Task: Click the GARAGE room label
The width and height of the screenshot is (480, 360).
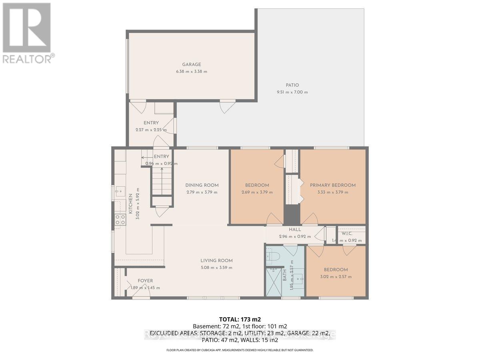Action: (191, 64)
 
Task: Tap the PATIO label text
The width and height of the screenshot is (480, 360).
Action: (292, 85)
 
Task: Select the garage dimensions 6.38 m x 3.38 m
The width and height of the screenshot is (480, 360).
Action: (191, 72)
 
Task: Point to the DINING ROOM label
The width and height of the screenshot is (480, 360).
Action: (202, 185)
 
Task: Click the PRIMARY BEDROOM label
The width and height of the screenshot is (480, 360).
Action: (333, 185)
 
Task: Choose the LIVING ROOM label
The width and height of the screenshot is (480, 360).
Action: (216, 260)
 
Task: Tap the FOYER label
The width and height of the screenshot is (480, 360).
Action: (145, 281)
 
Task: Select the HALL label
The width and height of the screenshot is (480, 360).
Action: (295, 230)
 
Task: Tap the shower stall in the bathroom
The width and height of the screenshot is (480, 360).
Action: (274, 282)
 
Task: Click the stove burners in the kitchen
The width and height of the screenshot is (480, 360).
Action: (120, 219)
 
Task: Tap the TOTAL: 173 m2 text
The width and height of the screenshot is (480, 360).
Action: (240, 319)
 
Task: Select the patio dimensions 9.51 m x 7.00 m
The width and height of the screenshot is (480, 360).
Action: (292, 92)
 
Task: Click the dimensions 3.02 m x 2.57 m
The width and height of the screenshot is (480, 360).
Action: (336, 277)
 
